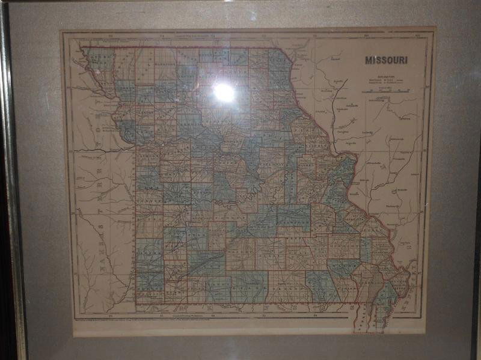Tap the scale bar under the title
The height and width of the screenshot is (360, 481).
pos(387,91)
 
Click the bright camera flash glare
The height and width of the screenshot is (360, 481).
pos(224,92)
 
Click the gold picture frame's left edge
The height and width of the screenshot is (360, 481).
pos(11,180)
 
